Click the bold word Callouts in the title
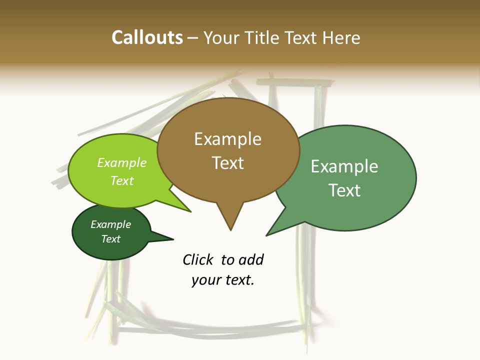(147, 37)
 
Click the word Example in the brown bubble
(227, 139)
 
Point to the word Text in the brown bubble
(227, 163)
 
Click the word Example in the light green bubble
(121, 163)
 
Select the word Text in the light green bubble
(121, 180)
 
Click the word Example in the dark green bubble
(110, 224)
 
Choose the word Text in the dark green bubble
(110, 239)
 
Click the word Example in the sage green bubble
(344, 166)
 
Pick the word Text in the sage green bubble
(344, 190)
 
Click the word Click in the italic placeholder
(198, 259)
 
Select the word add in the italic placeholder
(251, 259)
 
